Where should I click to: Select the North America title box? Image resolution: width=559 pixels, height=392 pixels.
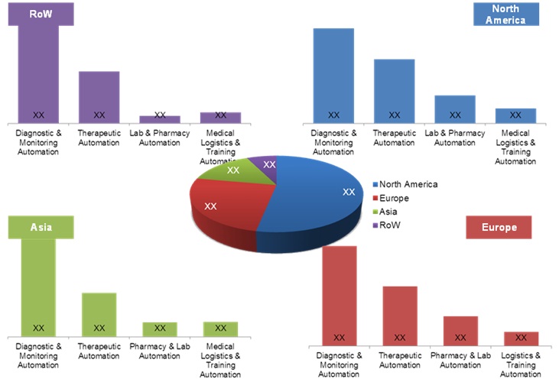click(x=505, y=14)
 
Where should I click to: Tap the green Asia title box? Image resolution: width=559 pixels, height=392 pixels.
click(x=41, y=227)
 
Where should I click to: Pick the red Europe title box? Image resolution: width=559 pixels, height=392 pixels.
click(x=499, y=227)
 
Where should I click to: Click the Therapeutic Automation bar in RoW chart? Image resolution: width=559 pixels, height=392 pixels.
click(x=99, y=97)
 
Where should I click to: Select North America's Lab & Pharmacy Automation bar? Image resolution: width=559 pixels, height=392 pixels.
click(x=455, y=109)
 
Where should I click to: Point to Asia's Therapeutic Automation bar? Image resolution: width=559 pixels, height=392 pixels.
click(x=99, y=314)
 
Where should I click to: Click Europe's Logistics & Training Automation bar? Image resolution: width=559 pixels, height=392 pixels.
click(x=521, y=338)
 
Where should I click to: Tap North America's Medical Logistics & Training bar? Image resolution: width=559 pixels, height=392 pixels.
click(x=515, y=115)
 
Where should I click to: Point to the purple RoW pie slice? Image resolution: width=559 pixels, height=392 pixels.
click(x=267, y=163)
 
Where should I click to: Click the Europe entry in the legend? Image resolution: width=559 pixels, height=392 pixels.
click(x=394, y=198)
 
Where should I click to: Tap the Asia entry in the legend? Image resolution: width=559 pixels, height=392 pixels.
click(x=388, y=212)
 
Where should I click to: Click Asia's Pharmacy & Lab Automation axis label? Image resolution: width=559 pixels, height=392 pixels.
click(x=160, y=352)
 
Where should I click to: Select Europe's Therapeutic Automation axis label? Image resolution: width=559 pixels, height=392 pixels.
click(x=400, y=360)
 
